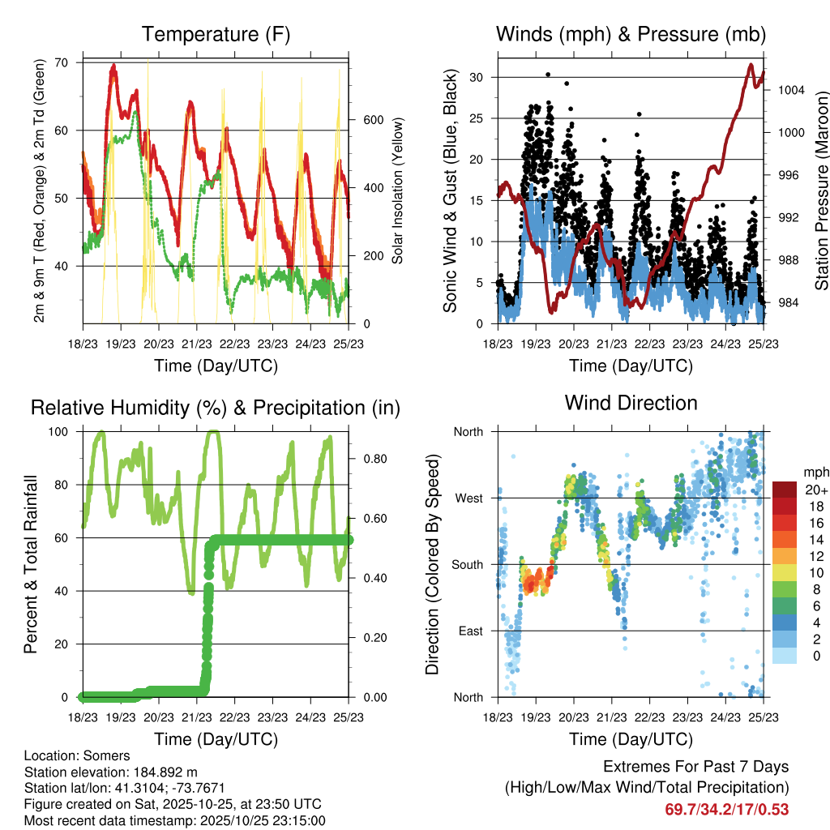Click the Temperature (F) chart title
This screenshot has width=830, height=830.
pyautogui.click(x=215, y=34)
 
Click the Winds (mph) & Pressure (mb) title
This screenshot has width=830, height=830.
pyautogui.click(x=631, y=34)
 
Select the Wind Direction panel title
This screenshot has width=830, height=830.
pyautogui.click(x=631, y=403)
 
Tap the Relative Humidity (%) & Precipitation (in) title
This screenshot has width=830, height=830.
pyautogui.click(x=215, y=408)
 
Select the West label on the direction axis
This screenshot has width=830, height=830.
pyautogui.click(x=468, y=498)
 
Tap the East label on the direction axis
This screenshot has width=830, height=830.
pyautogui.click(x=469, y=631)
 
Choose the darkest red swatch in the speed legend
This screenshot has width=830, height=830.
pyautogui.click(x=784, y=490)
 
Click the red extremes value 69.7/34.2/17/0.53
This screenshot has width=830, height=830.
pyautogui.click(x=727, y=809)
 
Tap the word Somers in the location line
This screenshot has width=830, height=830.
pyautogui.click(x=103, y=756)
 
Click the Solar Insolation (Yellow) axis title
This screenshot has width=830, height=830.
pyautogui.click(x=397, y=190)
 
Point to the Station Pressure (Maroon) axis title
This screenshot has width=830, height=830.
pyautogui.click(x=821, y=190)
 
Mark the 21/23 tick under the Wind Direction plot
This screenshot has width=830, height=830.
pyautogui.click(x=612, y=717)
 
